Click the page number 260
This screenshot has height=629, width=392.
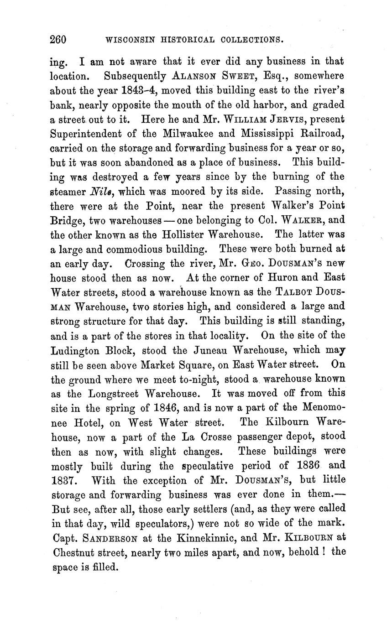pyautogui.click(x=58, y=40)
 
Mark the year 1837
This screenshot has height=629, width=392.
pyautogui.click(x=66, y=480)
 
